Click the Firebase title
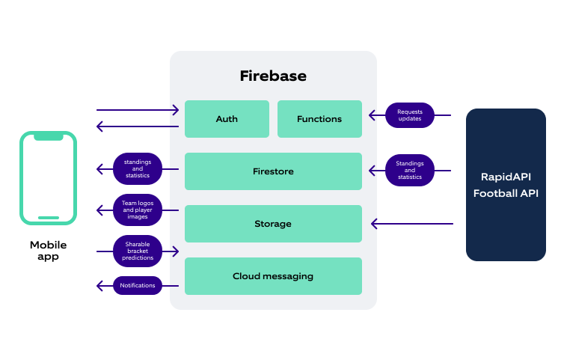point(273,76)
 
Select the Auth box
point(227,119)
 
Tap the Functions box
point(319,119)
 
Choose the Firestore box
point(273,171)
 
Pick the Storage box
point(273,224)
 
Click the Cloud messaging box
point(273,276)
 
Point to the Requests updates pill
point(409,115)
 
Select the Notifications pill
point(138,285)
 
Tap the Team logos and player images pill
point(138,209)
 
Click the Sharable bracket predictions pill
point(138,251)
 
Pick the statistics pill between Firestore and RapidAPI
point(409,170)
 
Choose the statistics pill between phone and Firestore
point(138,168)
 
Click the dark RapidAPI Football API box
point(506,185)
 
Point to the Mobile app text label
point(48,251)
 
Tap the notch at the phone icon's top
point(49,137)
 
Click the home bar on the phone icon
point(49,218)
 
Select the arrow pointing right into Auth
point(138,111)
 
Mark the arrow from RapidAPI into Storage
point(411,223)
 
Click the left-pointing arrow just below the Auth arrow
point(138,126)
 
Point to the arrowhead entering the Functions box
point(371,115)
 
